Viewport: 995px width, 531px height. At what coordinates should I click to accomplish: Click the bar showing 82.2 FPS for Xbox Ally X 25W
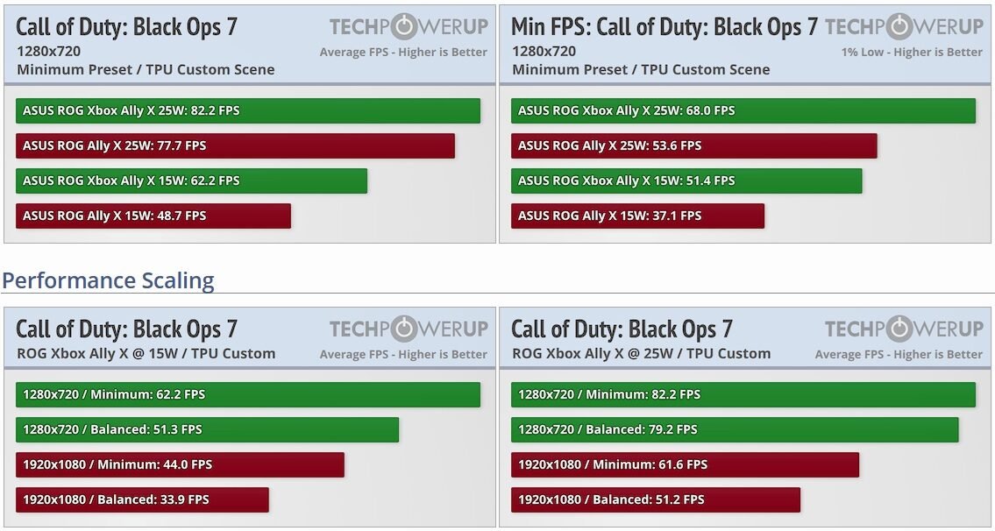pos(248,110)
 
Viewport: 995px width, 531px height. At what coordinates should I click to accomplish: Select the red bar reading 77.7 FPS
pos(235,145)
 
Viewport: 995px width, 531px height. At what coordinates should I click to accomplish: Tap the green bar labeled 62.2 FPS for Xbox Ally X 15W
pos(191,181)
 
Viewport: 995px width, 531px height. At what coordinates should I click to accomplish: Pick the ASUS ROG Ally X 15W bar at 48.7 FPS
pos(153,216)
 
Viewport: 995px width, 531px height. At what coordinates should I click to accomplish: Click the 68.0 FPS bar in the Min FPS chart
pos(743,110)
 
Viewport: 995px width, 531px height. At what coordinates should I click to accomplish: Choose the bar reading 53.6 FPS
pos(693,145)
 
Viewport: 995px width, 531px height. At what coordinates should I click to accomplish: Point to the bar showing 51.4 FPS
pos(686,181)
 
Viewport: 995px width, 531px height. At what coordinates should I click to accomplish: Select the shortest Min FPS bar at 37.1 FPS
pos(637,216)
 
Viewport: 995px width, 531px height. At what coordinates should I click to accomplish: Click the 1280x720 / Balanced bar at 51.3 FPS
pos(207,429)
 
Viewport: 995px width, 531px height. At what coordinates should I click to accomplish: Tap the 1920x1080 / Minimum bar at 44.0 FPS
pos(180,464)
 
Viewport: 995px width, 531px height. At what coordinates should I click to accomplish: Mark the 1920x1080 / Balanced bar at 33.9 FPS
pos(142,499)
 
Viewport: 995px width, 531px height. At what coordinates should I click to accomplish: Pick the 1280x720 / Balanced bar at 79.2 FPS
pos(735,429)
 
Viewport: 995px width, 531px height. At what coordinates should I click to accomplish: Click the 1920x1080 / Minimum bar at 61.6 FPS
pos(685,464)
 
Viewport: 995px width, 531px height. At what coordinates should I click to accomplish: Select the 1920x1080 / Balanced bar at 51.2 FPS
pos(656,499)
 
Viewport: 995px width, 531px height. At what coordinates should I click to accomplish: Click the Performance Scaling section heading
pos(108,280)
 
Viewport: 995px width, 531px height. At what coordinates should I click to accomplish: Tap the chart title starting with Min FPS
pos(664,26)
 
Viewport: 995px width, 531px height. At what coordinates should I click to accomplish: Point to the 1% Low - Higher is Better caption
pos(912,52)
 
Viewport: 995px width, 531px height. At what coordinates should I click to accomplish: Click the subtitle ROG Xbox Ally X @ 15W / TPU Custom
pos(146,354)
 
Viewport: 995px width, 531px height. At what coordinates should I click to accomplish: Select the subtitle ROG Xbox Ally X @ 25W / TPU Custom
pos(641,354)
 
